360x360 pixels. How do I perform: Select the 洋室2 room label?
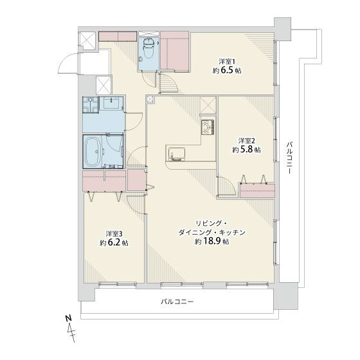click(248, 140)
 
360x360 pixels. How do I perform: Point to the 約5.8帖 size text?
click(247, 149)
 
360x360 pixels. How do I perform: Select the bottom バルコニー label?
click(177, 301)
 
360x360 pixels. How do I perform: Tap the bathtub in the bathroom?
click(94, 152)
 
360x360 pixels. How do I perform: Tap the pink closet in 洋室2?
click(257, 190)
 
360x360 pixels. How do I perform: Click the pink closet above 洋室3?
click(105, 181)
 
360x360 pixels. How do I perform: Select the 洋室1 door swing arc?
click(168, 84)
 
